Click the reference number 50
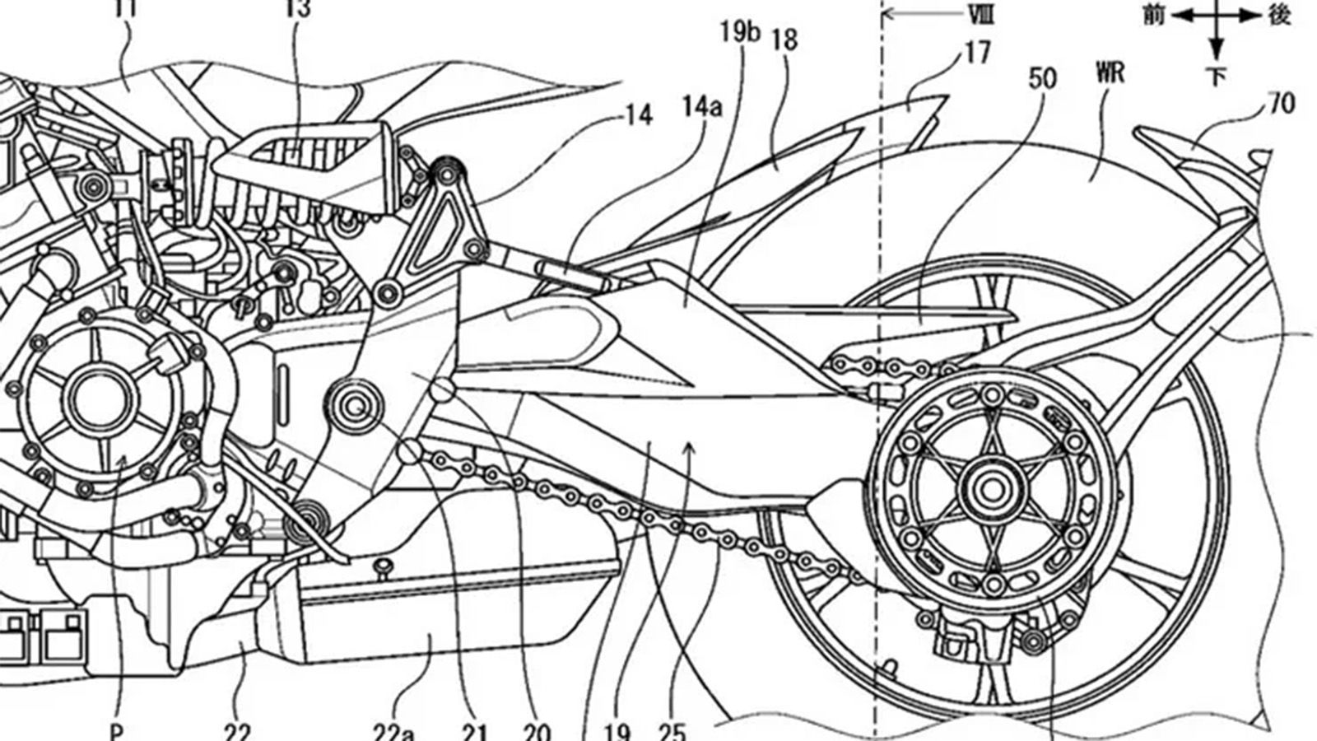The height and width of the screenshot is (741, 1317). coord(1043,79)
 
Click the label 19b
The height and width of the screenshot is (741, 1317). coord(741,32)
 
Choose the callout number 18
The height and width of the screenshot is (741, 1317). coord(786,40)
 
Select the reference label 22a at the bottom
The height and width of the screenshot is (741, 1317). coord(394,730)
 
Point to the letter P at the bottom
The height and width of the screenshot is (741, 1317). coord(118,731)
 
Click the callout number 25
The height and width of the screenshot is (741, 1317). coord(673,730)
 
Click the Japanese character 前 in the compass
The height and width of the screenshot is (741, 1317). coord(1156,15)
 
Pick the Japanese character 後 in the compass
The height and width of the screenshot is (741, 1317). coord(1278,15)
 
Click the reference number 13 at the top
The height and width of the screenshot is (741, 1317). coord(299,8)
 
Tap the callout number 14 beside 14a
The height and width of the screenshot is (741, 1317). coord(639,115)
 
